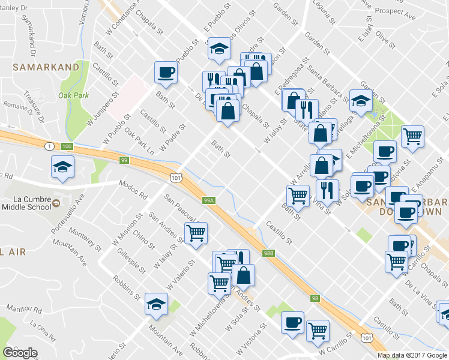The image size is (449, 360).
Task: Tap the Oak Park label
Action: click(73, 95)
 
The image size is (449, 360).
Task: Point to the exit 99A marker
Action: click(208, 200)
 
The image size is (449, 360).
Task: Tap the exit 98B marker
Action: click(268, 254)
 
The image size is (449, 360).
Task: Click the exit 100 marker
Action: click(67, 146)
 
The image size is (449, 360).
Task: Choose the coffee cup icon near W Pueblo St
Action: click(166, 73)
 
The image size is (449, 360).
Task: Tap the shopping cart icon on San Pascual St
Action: click(196, 232)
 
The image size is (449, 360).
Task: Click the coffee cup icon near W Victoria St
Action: click(293, 322)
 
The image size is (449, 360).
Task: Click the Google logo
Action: click(20, 353)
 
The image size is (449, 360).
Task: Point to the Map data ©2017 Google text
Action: click(412, 355)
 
